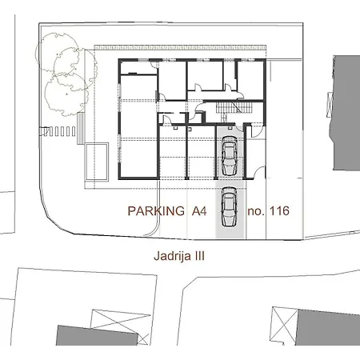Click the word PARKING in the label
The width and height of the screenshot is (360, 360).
(155, 212)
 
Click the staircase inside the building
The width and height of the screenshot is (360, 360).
(230, 110)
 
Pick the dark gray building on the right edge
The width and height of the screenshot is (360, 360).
(346, 112)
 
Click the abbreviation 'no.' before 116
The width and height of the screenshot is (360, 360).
(256, 212)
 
